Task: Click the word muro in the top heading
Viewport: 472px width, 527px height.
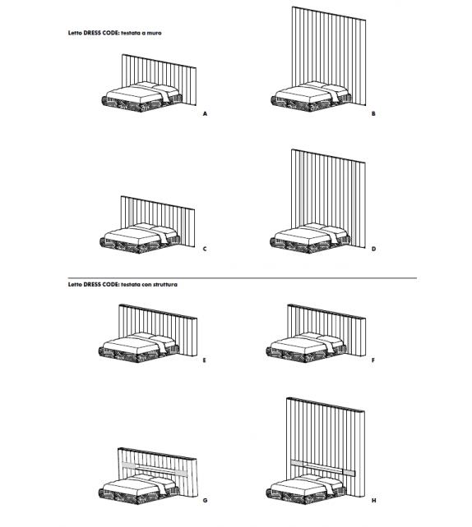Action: [173, 37]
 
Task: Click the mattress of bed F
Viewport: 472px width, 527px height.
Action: [304, 345]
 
